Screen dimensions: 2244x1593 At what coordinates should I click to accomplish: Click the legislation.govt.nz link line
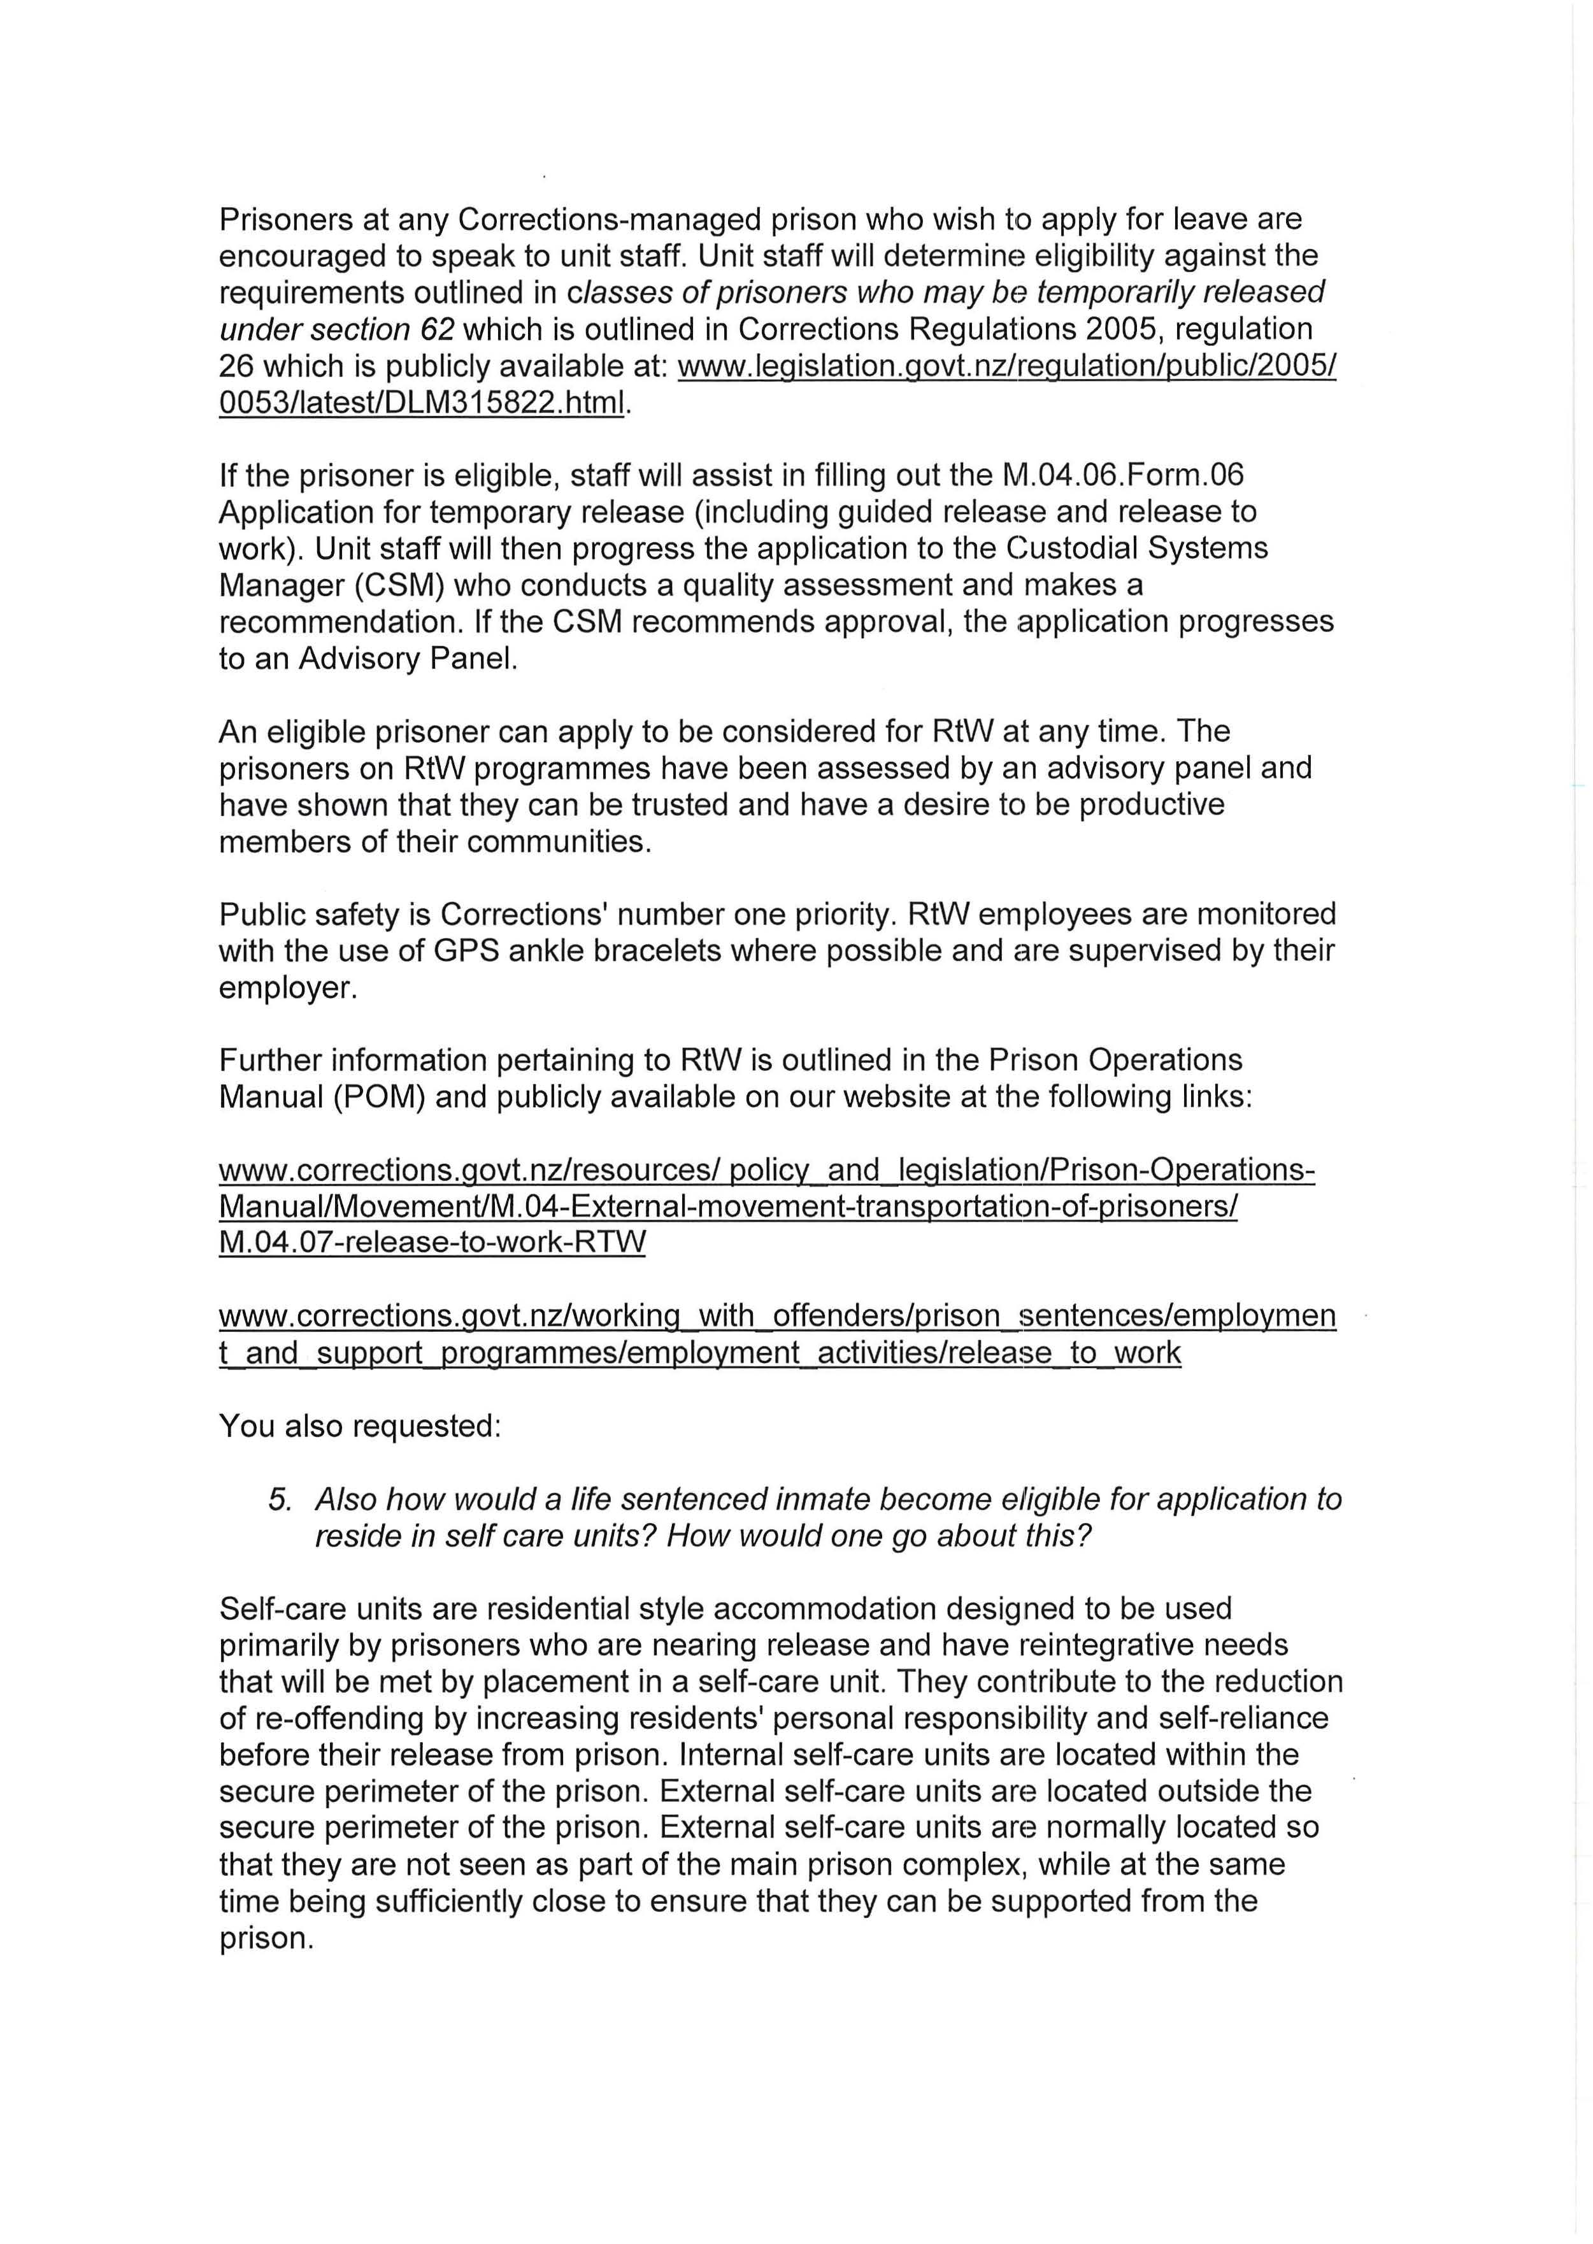pos(1006,367)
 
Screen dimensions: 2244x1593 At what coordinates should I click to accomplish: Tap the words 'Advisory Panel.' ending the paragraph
pos(408,659)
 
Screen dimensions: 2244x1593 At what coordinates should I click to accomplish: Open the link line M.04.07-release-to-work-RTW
pos(432,1243)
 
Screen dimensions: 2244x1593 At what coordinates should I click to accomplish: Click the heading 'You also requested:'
pos(360,1426)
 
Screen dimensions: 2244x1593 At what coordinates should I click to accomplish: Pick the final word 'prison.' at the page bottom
pos(266,1939)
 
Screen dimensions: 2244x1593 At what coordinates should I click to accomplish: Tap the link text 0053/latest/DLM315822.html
pos(422,403)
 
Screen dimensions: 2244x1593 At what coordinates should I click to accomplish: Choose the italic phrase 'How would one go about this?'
pos(879,1536)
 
